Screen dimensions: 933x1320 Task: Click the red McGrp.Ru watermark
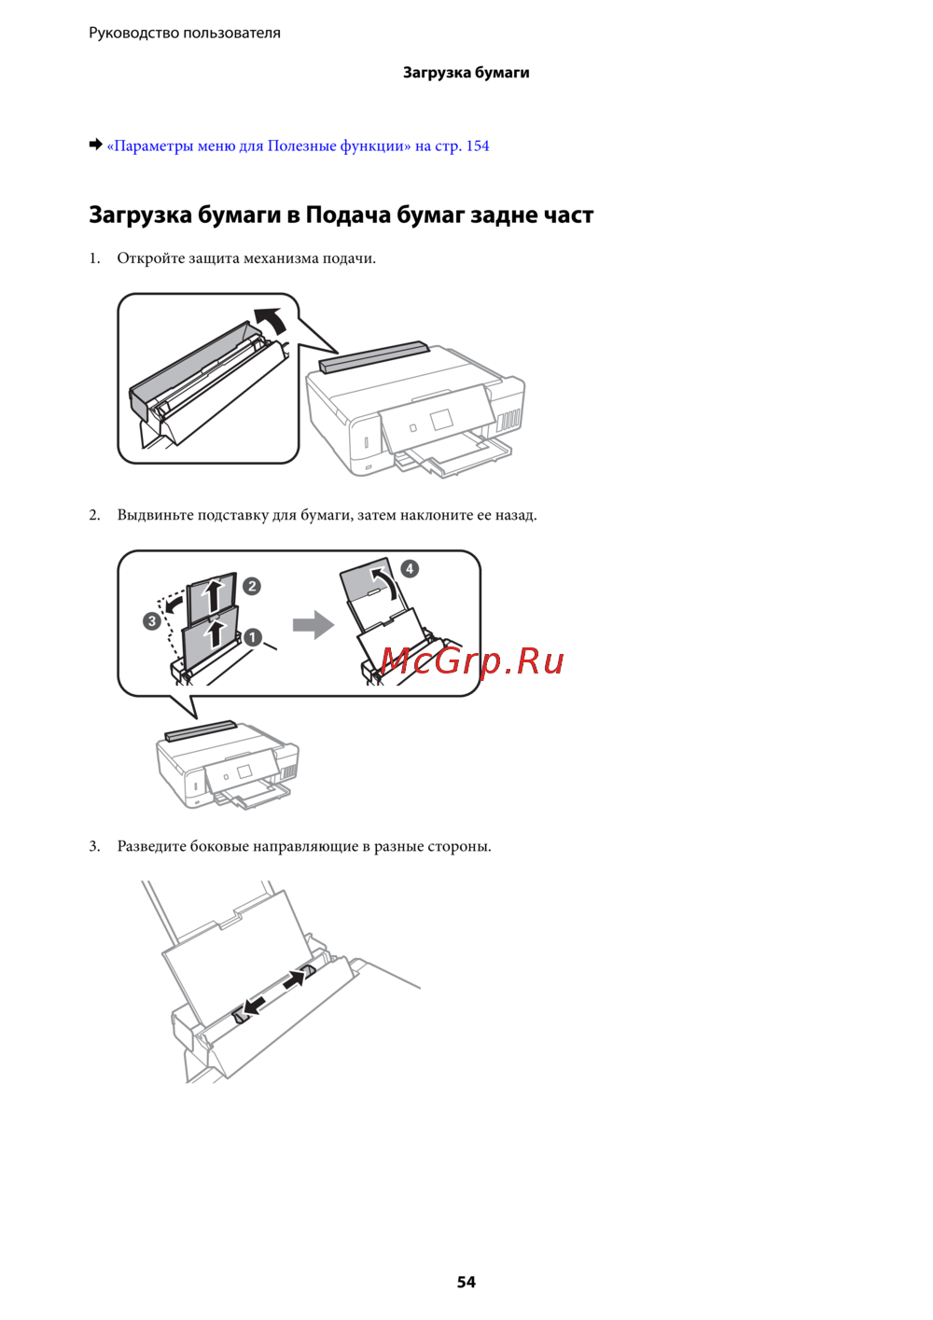471,661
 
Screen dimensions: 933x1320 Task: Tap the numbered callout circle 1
252,637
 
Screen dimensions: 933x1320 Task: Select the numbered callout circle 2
252,586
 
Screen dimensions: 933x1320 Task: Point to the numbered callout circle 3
152,621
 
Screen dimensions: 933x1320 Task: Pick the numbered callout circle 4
410,569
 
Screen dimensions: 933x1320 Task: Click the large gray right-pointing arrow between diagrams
313,625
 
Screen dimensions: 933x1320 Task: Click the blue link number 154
478,146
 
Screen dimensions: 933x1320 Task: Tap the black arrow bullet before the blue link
95,145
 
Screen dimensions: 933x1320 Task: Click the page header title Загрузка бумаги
466,73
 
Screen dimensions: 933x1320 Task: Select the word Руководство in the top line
133,33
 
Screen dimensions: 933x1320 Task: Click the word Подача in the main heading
347,215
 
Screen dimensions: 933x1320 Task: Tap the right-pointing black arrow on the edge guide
295,980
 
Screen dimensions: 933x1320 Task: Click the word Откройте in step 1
150,258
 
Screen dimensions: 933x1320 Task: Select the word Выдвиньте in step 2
155,515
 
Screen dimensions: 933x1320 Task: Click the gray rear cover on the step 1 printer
372,356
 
